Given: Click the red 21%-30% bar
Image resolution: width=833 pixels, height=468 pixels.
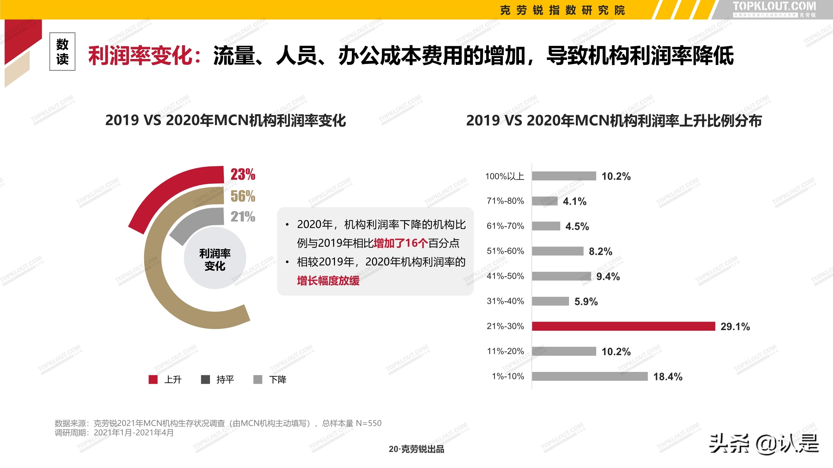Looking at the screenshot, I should click(623, 326).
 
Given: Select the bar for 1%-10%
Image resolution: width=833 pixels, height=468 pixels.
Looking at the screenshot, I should click(590, 376).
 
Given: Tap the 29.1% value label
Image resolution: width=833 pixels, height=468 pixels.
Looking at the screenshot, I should click(735, 327).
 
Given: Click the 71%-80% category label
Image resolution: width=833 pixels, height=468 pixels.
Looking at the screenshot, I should click(505, 201).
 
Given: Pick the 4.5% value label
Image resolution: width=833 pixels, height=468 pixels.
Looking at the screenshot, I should click(577, 226).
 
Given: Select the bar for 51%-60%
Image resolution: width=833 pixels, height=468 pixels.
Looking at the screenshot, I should click(557, 251).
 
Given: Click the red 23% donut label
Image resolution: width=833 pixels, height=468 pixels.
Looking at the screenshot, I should click(243, 174).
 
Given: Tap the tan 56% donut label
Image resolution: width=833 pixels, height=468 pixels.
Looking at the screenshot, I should click(243, 196).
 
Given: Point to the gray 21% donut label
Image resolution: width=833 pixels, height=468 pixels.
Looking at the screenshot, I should click(243, 217).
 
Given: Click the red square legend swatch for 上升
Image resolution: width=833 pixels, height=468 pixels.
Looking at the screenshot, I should click(153, 379).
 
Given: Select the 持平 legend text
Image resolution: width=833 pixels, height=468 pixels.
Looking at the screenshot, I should click(225, 379).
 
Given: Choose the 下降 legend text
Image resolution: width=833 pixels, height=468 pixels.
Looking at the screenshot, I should click(277, 379).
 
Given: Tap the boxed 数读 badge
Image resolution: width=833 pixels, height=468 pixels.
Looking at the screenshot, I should click(62, 52).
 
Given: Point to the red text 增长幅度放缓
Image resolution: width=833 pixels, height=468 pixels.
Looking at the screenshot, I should click(328, 281).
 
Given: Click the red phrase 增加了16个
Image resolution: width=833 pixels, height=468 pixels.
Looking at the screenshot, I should click(401, 243).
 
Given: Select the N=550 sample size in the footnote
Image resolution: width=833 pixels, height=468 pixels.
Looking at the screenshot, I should click(368, 423).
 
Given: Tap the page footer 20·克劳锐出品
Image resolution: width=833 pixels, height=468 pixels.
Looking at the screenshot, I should click(416, 449).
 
